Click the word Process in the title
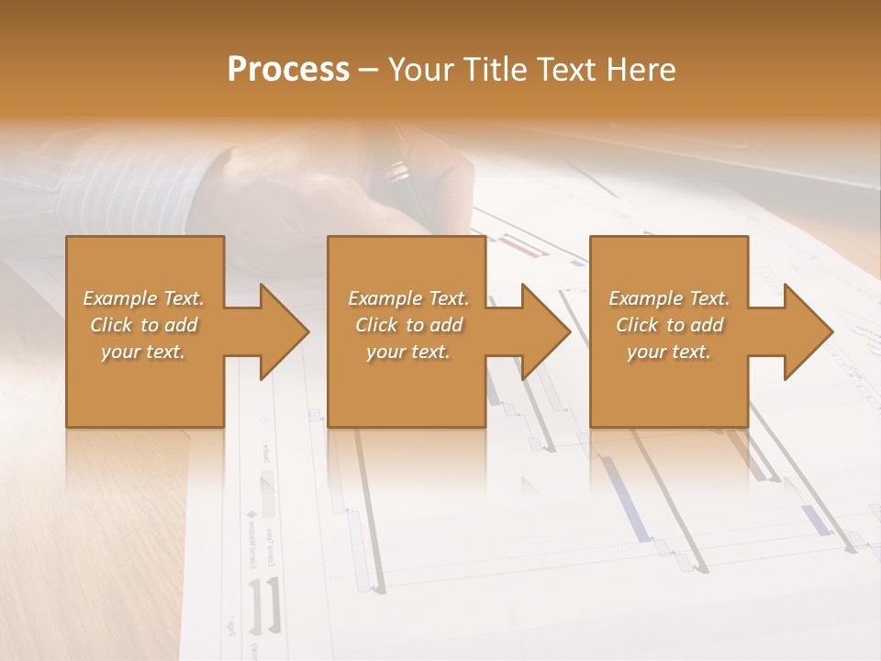click(288, 70)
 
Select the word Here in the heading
click(641, 70)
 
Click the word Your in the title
click(421, 70)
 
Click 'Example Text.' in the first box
click(143, 298)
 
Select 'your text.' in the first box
click(143, 352)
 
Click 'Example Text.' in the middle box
click(408, 298)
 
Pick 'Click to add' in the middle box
click(408, 325)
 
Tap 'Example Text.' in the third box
click(669, 298)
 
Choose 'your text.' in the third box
click(669, 352)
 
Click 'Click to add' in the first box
click(143, 325)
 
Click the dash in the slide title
click(369, 70)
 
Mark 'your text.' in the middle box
click(408, 352)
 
